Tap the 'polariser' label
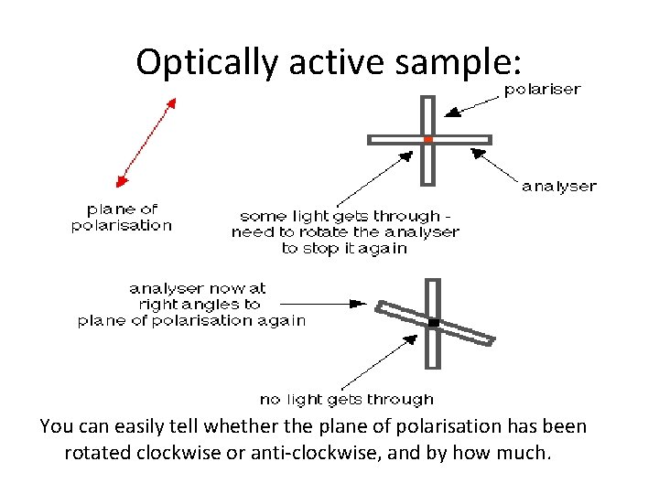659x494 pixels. [x=542, y=90]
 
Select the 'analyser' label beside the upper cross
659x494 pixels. [x=558, y=187]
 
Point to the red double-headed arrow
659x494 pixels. [x=146, y=141]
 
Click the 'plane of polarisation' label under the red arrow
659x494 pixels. [x=122, y=217]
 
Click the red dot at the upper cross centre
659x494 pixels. [x=428, y=140]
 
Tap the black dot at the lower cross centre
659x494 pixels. [x=434, y=323]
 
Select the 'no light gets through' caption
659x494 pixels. [x=346, y=399]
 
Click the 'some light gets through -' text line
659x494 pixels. [x=344, y=216]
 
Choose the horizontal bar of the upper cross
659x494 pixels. [x=394, y=140]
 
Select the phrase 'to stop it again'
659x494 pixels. [x=344, y=248]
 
